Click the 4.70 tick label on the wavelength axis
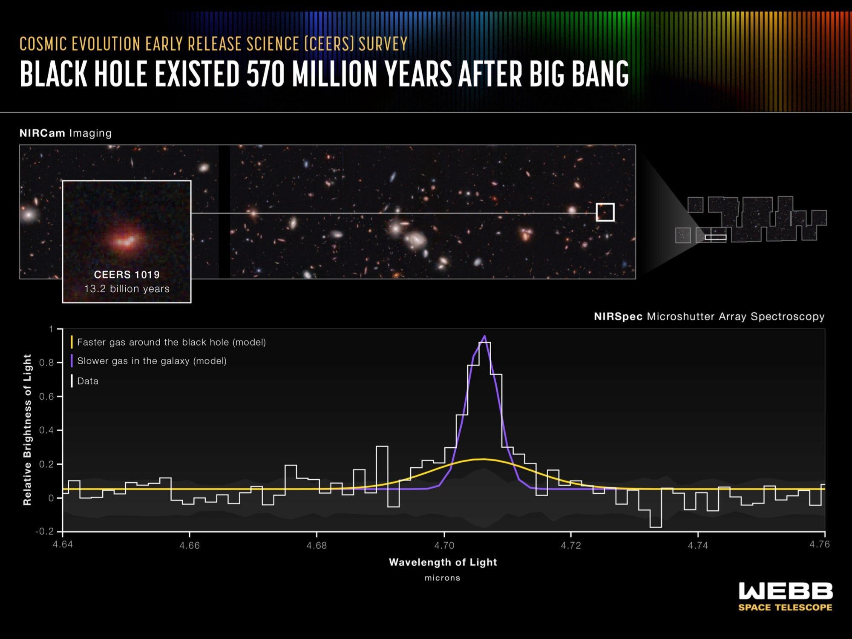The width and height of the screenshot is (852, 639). click(x=443, y=546)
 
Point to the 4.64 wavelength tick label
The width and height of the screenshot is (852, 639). click(x=62, y=546)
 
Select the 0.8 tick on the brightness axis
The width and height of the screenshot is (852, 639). click(x=47, y=363)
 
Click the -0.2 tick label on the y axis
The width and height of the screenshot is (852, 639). click(x=45, y=532)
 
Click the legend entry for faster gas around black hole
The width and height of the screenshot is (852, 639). click(x=169, y=342)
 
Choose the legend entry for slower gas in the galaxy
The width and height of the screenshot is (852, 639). click(x=149, y=361)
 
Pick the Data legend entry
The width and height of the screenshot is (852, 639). click(x=85, y=381)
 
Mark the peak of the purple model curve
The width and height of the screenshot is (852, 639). click(x=484, y=336)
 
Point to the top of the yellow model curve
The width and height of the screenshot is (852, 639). click(x=483, y=459)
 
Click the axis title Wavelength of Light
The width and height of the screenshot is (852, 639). click(x=443, y=562)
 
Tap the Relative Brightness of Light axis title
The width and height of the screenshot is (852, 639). click(x=28, y=430)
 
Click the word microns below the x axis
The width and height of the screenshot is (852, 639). click(x=443, y=578)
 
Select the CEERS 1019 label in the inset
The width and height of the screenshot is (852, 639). click(x=127, y=275)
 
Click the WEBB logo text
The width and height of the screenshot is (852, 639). click(x=786, y=591)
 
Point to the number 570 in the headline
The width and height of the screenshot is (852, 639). click(x=265, y=75)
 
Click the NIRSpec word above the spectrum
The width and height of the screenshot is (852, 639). click(x=618, y=317)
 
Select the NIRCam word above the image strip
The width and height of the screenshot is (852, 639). click(x=42, y=133)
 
